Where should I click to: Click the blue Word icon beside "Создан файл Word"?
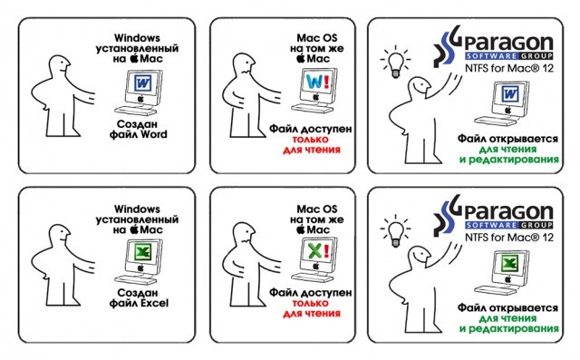142,83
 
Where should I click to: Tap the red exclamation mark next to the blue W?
326,82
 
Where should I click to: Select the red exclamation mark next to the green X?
326,251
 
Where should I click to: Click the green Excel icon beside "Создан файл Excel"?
142,253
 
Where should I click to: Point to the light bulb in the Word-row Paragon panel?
396,63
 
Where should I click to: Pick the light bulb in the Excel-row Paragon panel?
396,232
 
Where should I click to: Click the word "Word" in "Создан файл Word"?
153,134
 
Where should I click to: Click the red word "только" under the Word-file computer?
311,140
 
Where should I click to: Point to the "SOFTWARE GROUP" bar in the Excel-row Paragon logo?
509,225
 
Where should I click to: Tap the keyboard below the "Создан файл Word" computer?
135,111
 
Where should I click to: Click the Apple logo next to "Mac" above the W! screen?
301,58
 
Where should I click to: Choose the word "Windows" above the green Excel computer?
137,209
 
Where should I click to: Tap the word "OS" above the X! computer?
329,209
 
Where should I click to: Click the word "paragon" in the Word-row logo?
508,44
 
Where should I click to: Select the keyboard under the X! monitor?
312,277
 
